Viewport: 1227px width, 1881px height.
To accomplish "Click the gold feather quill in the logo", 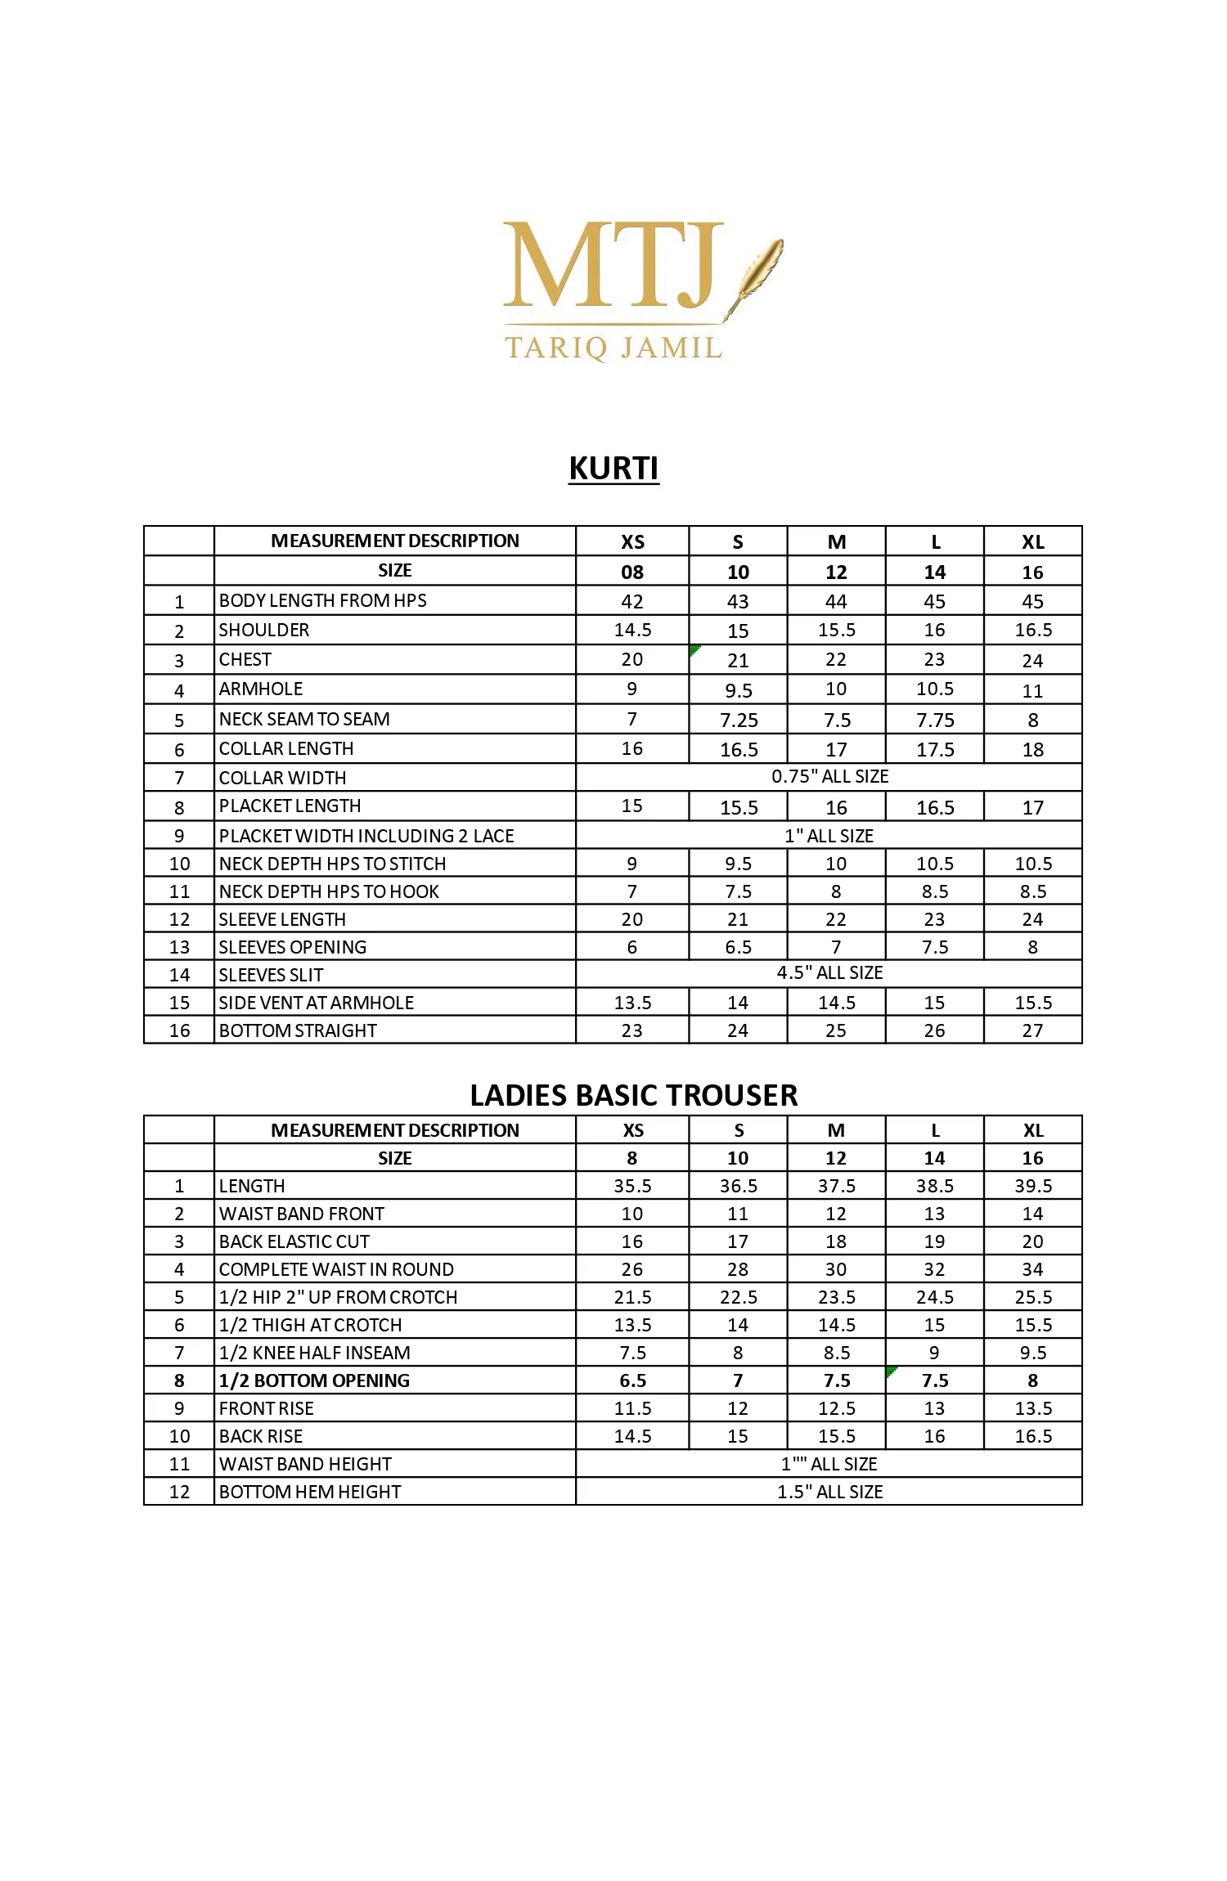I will (x=757, y=274).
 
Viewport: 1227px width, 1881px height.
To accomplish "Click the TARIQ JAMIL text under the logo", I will (x=613, y=348).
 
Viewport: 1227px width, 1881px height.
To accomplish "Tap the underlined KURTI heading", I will (x=613, y=469).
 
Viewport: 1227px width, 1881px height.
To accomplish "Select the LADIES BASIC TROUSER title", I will (x=633, y=1095).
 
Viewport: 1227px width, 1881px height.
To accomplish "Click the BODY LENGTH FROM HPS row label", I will (x=322, y=600).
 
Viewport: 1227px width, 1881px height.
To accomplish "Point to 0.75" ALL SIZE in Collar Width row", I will (x=829, y=776).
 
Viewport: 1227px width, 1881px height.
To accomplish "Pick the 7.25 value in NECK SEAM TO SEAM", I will (x=739, y=721).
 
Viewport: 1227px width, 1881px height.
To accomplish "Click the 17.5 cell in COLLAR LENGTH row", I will (x=935, y=750).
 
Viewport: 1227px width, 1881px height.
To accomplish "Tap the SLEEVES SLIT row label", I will (x=271, y=975).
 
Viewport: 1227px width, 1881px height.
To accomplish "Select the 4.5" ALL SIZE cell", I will (x=829, y=972).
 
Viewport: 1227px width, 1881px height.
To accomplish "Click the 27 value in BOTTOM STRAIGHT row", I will (x=1032, y=1030).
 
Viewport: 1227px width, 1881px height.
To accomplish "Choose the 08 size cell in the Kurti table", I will (x=632, y=572).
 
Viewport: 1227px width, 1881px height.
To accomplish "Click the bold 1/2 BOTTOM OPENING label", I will (x=314, y=1380).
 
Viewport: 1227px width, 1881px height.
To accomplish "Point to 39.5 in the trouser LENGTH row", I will (x=1033, y=1186).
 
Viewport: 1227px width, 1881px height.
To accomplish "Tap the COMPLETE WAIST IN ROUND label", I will (x=336, y=1269).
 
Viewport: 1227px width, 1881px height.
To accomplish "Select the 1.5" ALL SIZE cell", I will (x=829, y=1492).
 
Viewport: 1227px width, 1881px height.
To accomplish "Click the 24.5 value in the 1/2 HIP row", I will (x=935, y=1297).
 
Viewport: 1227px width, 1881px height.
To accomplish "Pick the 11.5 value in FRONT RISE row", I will (x=632, y=1408).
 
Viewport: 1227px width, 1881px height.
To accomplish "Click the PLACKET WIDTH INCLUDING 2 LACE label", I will (x=366, y=836).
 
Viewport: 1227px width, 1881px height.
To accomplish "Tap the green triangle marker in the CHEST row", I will (x=694, y=649).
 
